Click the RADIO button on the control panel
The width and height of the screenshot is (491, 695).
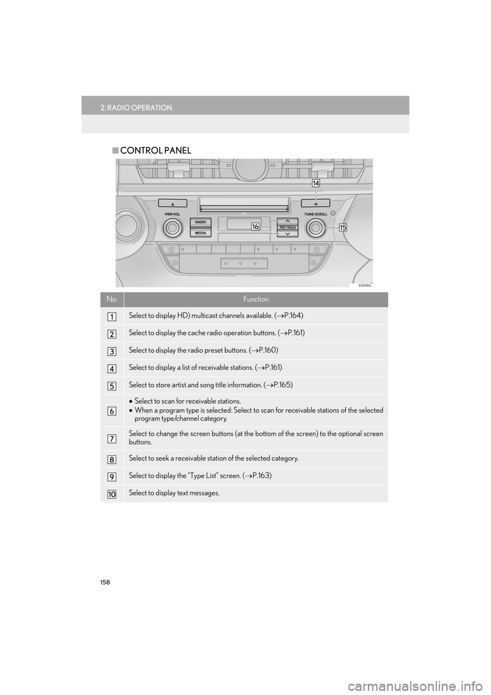tap(201, 222)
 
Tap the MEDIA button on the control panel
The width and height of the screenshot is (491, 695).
tap(201, 233)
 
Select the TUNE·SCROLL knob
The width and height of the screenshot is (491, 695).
tap(316, 227)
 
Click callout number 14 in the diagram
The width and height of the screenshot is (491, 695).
tap(317, 183)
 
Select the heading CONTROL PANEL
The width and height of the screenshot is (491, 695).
tap(153, 150)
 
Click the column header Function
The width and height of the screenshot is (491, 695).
tap(256, 299)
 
